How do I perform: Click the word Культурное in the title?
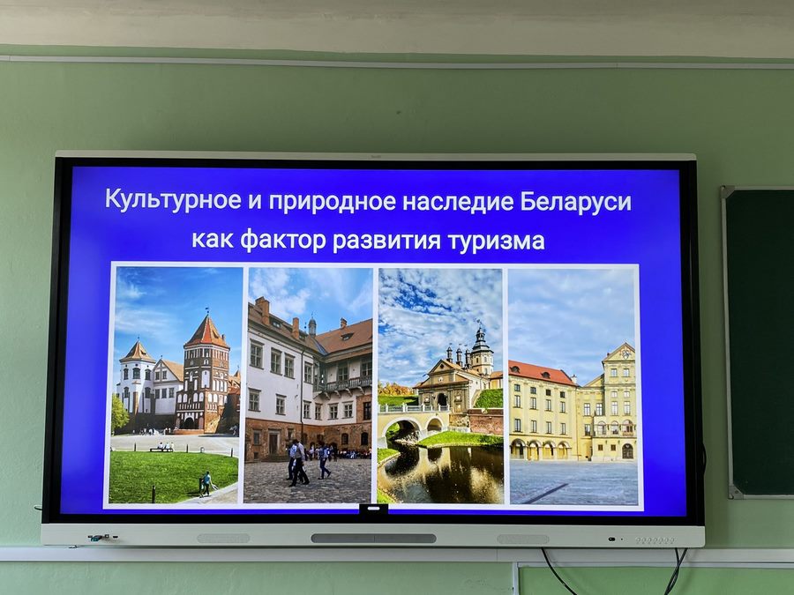coord(173,199)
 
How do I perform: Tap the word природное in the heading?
coord(332,201)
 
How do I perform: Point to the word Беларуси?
coord(576,201)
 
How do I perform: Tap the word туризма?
coord(496,241)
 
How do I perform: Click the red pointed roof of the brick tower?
coord(206,331)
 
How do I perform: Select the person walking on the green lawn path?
coord(206,483)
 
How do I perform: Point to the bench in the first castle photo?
coord(161,449)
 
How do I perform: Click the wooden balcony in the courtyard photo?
coord(344,385)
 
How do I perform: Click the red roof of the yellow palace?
coord(542,373)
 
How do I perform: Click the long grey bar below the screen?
coord(373,539)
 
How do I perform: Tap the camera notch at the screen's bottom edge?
coord(374,509)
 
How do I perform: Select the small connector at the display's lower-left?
coord(98,538)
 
